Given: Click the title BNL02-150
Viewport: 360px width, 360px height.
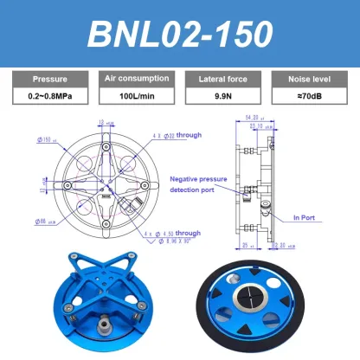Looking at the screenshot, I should point(179,32).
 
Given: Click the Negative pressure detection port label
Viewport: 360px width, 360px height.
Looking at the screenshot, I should point(200,183).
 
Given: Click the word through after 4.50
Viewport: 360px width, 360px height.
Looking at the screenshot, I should point(187,234).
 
